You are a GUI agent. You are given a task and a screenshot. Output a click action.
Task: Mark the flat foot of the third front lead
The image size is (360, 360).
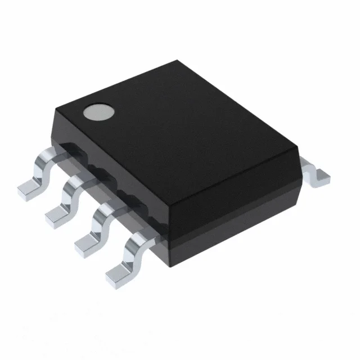85,241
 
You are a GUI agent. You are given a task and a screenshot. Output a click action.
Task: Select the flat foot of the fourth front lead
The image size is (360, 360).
117,272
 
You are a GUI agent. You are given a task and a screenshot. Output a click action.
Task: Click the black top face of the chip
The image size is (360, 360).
180,129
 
